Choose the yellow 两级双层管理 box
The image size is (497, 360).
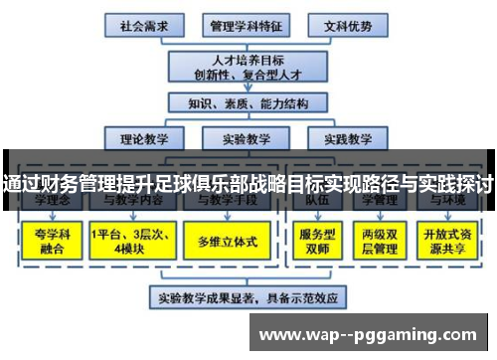(x=380, y=240)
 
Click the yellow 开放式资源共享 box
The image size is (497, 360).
(x=449, y=240)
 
